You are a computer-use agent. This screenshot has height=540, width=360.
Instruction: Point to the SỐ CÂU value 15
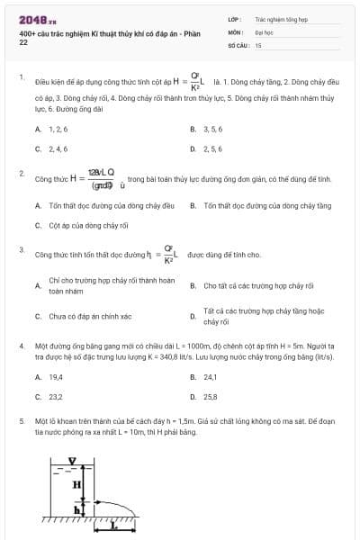258,44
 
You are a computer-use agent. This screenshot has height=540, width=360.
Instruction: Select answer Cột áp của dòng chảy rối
83,225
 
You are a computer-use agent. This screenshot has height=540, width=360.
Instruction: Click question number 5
22,420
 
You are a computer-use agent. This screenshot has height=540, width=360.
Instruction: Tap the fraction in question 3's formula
167,254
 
